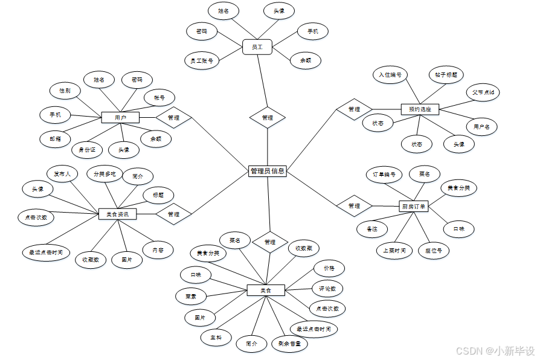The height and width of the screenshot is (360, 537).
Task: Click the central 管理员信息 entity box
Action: click(267, 171)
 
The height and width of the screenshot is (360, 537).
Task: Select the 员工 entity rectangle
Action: click(257, 47)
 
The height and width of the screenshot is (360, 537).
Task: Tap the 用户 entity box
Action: click(120, 117)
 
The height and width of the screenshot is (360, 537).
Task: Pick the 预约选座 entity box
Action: click(420, 109)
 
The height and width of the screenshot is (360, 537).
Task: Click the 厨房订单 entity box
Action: click(414, 206)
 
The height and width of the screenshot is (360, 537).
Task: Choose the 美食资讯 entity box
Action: click(117, 214)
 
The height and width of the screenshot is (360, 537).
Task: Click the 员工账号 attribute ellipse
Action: click(201, 60)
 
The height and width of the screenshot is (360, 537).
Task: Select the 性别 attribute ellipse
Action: click(65, 91)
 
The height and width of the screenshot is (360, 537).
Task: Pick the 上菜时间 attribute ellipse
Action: click(394, 250)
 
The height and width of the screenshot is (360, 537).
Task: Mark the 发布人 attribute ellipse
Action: click(62, 175)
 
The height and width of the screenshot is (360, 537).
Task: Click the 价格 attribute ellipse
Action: click(329, 268)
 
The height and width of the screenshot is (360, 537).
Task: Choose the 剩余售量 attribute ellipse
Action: click(289, 344)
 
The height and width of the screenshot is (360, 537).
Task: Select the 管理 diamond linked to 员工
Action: click(268, 118)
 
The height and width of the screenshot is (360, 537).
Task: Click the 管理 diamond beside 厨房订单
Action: click(354, 206)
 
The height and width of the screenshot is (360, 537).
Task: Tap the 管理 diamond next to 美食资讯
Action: click(173, 214)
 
